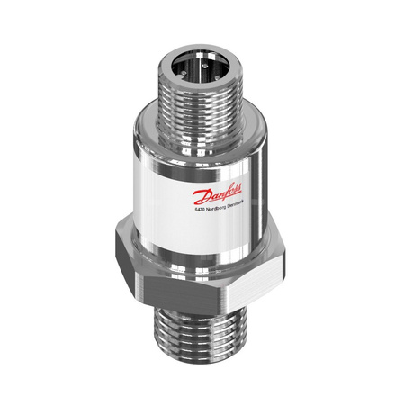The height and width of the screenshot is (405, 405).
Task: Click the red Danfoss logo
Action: (x=217, y=193)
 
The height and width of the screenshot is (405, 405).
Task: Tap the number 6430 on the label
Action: (x=200, y=211)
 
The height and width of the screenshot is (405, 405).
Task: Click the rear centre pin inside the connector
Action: (x=205, y=65)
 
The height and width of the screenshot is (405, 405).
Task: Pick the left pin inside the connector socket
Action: (x=184, y=73)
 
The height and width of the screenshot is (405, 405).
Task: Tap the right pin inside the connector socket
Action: (x=217, y=78)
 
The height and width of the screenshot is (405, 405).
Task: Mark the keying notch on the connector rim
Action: (x=180, y=78)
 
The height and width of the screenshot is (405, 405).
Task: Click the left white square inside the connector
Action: (x=200, y=56)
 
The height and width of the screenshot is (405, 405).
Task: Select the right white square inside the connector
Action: (x=211, y=57)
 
